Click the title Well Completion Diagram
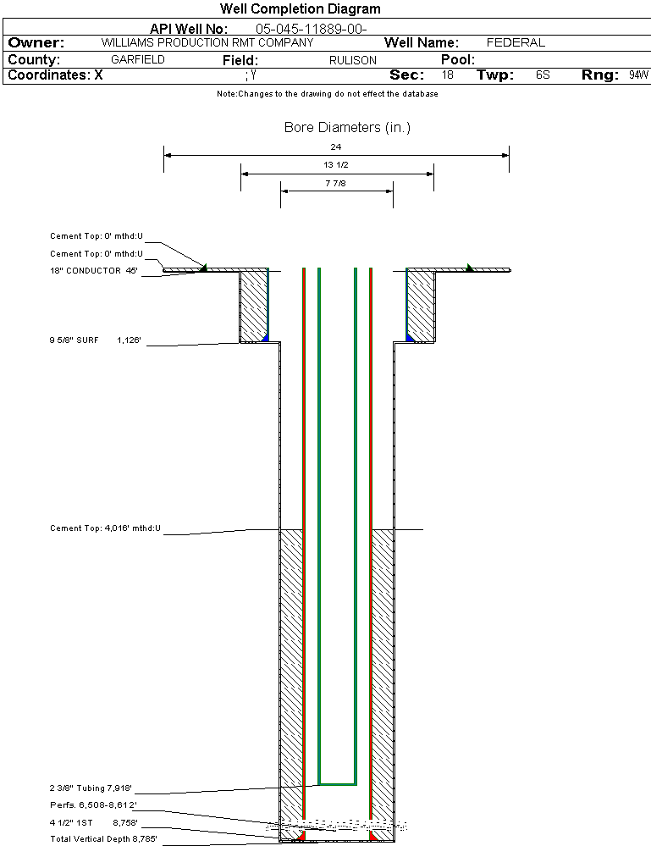pyautogui.click(x=300, y=9)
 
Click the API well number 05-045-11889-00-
pyautogui.click(x=311, y=29)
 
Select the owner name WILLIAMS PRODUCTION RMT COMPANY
pyautogui.click(x=207, y=42)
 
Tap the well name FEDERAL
pyautogui.click(x=516, y=42)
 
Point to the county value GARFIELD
pyautogui.click(x=138, y=60)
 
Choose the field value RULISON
pyautogui.click(x=353, y=61)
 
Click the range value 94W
pyautogui.click(x=638, y=75)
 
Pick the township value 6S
pyautogui.click(x=543, y=75)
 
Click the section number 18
pyautogui.click(x=447, y=75)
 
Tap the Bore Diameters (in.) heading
pyautogui.click(x=347, y=128)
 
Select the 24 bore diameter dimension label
pyautogui.click(x=336, y=147)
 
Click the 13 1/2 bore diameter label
pyautogui.click(x=336, y=164)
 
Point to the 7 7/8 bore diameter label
pyautogui.click(x=336, y=182)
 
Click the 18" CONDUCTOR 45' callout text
pyautogui.click(x=94, y=271)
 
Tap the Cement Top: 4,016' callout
pyautogui.click(x=105, y=528)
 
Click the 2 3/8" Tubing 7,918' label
pyautogui.click(x=91, y=789)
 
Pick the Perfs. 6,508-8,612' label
pyautogui.click(x=93, y=805)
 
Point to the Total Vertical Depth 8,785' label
pyautogui.click(x=103, y=839)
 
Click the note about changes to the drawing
pyautogui.click(x=327, y=94)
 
